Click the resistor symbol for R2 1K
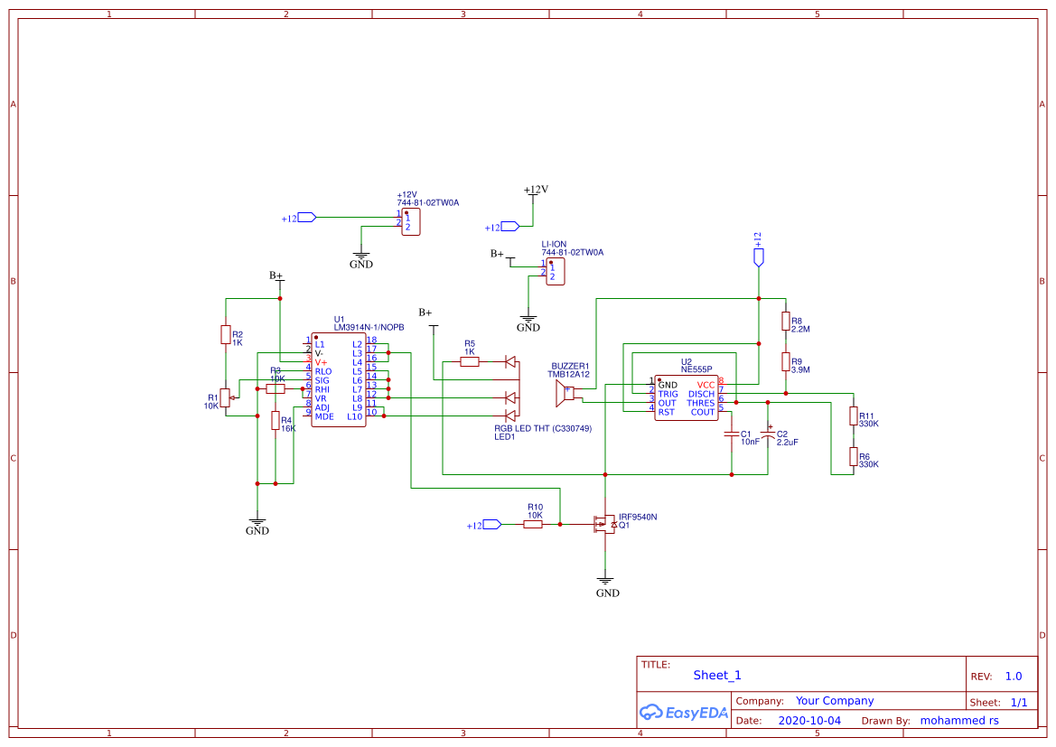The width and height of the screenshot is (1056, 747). point(226,335)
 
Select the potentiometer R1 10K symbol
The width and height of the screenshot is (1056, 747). point(226,398)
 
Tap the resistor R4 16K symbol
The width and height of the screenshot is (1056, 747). point(276,421)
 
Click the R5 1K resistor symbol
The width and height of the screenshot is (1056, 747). point(470,362)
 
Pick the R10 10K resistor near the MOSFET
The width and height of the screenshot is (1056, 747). point(533,524)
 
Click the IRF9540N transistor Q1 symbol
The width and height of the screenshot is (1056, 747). point(603,524)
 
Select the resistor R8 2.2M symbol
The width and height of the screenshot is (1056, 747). point(785,322)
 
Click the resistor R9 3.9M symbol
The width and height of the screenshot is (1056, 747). point(785,362)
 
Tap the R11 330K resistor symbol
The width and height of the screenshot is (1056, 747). point(853,416)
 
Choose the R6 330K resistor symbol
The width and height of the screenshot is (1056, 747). point(853,456)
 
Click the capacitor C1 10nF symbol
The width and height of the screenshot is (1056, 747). point(732,435)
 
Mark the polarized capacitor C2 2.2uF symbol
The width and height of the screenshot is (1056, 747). point(768,435)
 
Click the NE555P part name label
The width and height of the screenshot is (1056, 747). point(696,369)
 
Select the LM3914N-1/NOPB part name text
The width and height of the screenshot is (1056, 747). point(369,327)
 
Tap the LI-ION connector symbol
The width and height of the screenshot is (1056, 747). point(556,272)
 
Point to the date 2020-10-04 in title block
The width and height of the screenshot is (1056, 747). point(808,721)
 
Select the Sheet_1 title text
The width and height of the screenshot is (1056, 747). point(717,676)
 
